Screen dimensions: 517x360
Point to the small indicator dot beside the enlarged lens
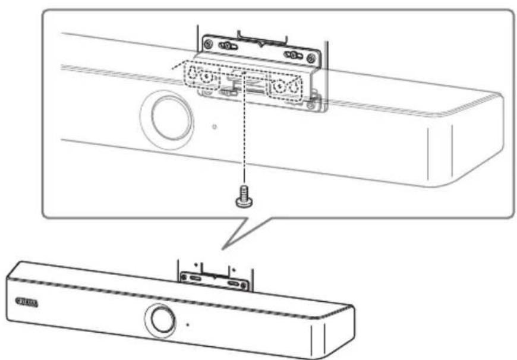coord(215,127)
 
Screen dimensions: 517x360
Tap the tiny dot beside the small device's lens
coord(187,324)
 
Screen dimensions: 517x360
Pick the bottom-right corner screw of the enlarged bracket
coord(310,107)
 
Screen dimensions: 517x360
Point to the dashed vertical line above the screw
coord(243,143)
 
